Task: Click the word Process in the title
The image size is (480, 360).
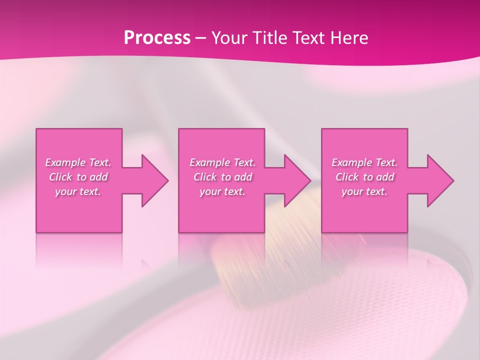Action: pyautogui.click(x=157, y=38)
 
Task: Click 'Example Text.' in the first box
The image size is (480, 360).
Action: pyautogui.click(x=78, y=162)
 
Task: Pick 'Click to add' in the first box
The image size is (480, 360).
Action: pyautogui.click(x=78, y=177)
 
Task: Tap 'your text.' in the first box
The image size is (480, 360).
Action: pyautogui.click(x=78, y=191)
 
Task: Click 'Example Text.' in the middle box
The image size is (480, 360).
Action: pyautogui.click(x=222, y=162)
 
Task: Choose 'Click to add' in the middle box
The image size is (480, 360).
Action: pyautogui.click(x=222, y=177)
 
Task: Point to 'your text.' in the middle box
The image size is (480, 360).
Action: pyautogui.click(x=222, y=191)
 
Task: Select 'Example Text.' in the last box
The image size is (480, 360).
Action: pyautogui.click(x=364, y=162)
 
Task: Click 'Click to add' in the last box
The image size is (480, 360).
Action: pyautogui.click(x=364, y=177)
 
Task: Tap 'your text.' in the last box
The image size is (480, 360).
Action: pyautogui.click(x=364, y=191)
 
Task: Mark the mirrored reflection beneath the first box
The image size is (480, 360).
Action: pyautogui.click(x=79, y=250)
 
